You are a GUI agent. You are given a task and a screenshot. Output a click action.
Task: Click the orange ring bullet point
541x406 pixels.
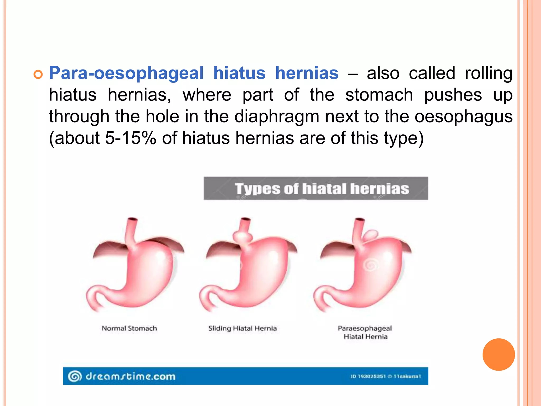38,75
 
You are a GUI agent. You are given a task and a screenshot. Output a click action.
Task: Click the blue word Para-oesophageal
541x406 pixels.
126,73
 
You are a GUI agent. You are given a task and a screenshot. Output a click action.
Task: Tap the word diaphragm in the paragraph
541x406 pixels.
277,117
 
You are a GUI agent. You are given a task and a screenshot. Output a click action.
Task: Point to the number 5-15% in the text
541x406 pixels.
130,138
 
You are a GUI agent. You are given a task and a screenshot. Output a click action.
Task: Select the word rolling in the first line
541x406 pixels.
488,73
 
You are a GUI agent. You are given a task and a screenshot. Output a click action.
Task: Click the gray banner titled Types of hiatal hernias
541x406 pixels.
316,188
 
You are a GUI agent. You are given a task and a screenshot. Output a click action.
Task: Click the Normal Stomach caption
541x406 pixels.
129,329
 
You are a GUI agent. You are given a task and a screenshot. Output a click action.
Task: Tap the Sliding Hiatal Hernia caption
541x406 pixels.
242,329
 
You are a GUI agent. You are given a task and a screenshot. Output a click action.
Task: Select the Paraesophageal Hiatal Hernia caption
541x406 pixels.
365,333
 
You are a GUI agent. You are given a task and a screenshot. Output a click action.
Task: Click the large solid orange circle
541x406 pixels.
498,354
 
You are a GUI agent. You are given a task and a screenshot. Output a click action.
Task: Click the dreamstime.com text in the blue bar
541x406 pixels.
130,376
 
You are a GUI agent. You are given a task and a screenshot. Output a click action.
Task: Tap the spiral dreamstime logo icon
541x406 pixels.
75,376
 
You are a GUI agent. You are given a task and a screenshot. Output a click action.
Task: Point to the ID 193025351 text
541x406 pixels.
368,376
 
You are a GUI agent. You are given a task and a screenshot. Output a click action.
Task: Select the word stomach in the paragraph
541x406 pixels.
379,95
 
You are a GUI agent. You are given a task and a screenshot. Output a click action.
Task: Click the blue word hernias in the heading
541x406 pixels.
307,73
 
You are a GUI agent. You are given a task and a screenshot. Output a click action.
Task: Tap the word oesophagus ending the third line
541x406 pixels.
463,117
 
